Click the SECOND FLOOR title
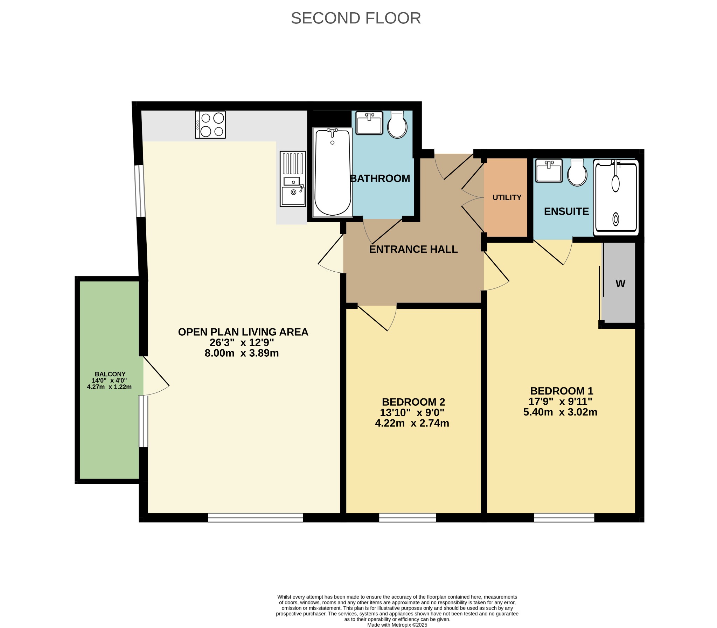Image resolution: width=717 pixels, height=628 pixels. (x=356, y=18)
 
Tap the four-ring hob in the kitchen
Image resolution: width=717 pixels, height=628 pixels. (x=210, y=125)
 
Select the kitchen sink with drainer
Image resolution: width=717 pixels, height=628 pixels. (x=293, y=179)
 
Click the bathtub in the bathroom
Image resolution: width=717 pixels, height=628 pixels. (x=333, y=172)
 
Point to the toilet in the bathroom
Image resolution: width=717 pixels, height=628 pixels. (x=397, y=124)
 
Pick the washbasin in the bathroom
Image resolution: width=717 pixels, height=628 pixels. (x=369, y=123)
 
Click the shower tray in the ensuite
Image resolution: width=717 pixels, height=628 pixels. (x=616, y=197)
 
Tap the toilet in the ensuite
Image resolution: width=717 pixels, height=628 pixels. (x=577, y=173)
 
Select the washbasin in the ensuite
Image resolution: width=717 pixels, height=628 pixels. (x=549, y=171)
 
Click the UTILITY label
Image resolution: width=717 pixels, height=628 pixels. (x=507, y=198)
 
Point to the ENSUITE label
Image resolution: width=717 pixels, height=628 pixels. (x=566, y=211)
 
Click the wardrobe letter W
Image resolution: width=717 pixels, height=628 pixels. (x=620, y=284)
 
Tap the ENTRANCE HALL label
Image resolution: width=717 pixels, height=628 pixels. (x=413, y=249)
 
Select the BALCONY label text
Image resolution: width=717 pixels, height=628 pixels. (x=110, y=374)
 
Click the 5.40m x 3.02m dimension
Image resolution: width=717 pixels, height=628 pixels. (x=561, y=412)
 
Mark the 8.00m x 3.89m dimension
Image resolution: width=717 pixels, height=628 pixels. (x=242, y=353)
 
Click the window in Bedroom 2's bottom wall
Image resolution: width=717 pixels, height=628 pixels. (x=408, y=518)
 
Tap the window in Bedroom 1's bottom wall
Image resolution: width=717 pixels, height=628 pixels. (x=564, y=518)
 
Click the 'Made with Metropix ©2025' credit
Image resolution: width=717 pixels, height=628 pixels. (x=397, y=624)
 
